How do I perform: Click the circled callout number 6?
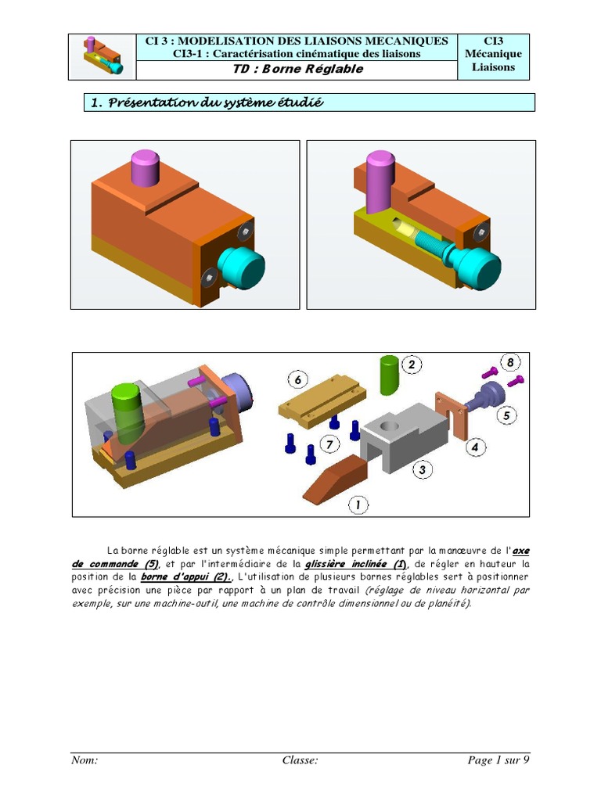[x=298, y=379]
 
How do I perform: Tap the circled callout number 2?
[x=412, y=365]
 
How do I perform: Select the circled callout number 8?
[x=510, y=362]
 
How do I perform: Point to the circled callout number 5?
[x=506, y=415]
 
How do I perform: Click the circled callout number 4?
[x=475, y=447]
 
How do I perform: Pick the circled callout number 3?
[x=422, y=469]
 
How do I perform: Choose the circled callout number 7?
[x=329, y=444]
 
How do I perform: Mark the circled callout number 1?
[x=358, y=505]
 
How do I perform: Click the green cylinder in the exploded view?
[x=390, y=375]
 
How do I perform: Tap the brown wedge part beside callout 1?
[x=335, y=480]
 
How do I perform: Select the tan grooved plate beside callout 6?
[x=322, y=401]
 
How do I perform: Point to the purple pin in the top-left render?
[x=145, y=167]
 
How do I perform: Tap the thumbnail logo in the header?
[x=103, y=56]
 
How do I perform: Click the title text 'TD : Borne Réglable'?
[x=298, y=69]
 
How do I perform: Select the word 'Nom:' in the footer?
[x=85, y=760]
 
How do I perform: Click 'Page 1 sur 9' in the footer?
[x=498, y=760]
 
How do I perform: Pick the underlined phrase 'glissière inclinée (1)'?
[x=356, y=564]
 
